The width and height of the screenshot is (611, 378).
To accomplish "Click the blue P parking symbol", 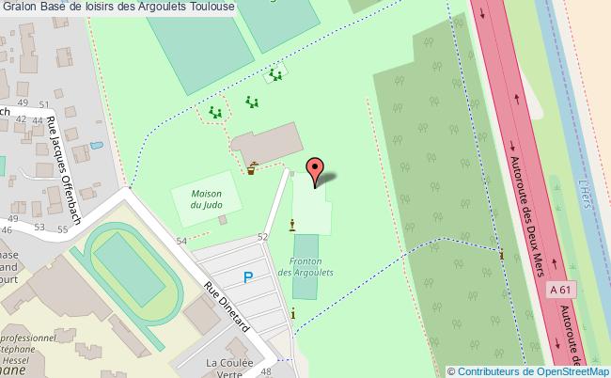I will pyautogui.click(x=248, y=276).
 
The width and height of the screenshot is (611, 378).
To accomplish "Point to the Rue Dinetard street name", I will pyautogui.click(x=227, y=307).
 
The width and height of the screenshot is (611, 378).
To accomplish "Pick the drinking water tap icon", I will pyautogui.click(x=253, y=169).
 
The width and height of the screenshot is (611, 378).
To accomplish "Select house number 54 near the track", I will pyautogui.click(x=181, y=242).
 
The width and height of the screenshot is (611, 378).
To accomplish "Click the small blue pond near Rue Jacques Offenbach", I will pyautogui.click(x=94, y=146).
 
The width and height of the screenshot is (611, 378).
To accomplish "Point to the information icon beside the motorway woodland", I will pyautogui.click(x=502, y=254).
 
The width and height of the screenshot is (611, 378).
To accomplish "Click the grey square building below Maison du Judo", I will pyautogui.click(x=222, y=219).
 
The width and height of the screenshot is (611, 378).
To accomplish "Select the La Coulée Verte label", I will pyautogui.click(x=229, y=368).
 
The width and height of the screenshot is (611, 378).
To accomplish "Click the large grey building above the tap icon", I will pyautogui.click(x=268, y=143).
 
